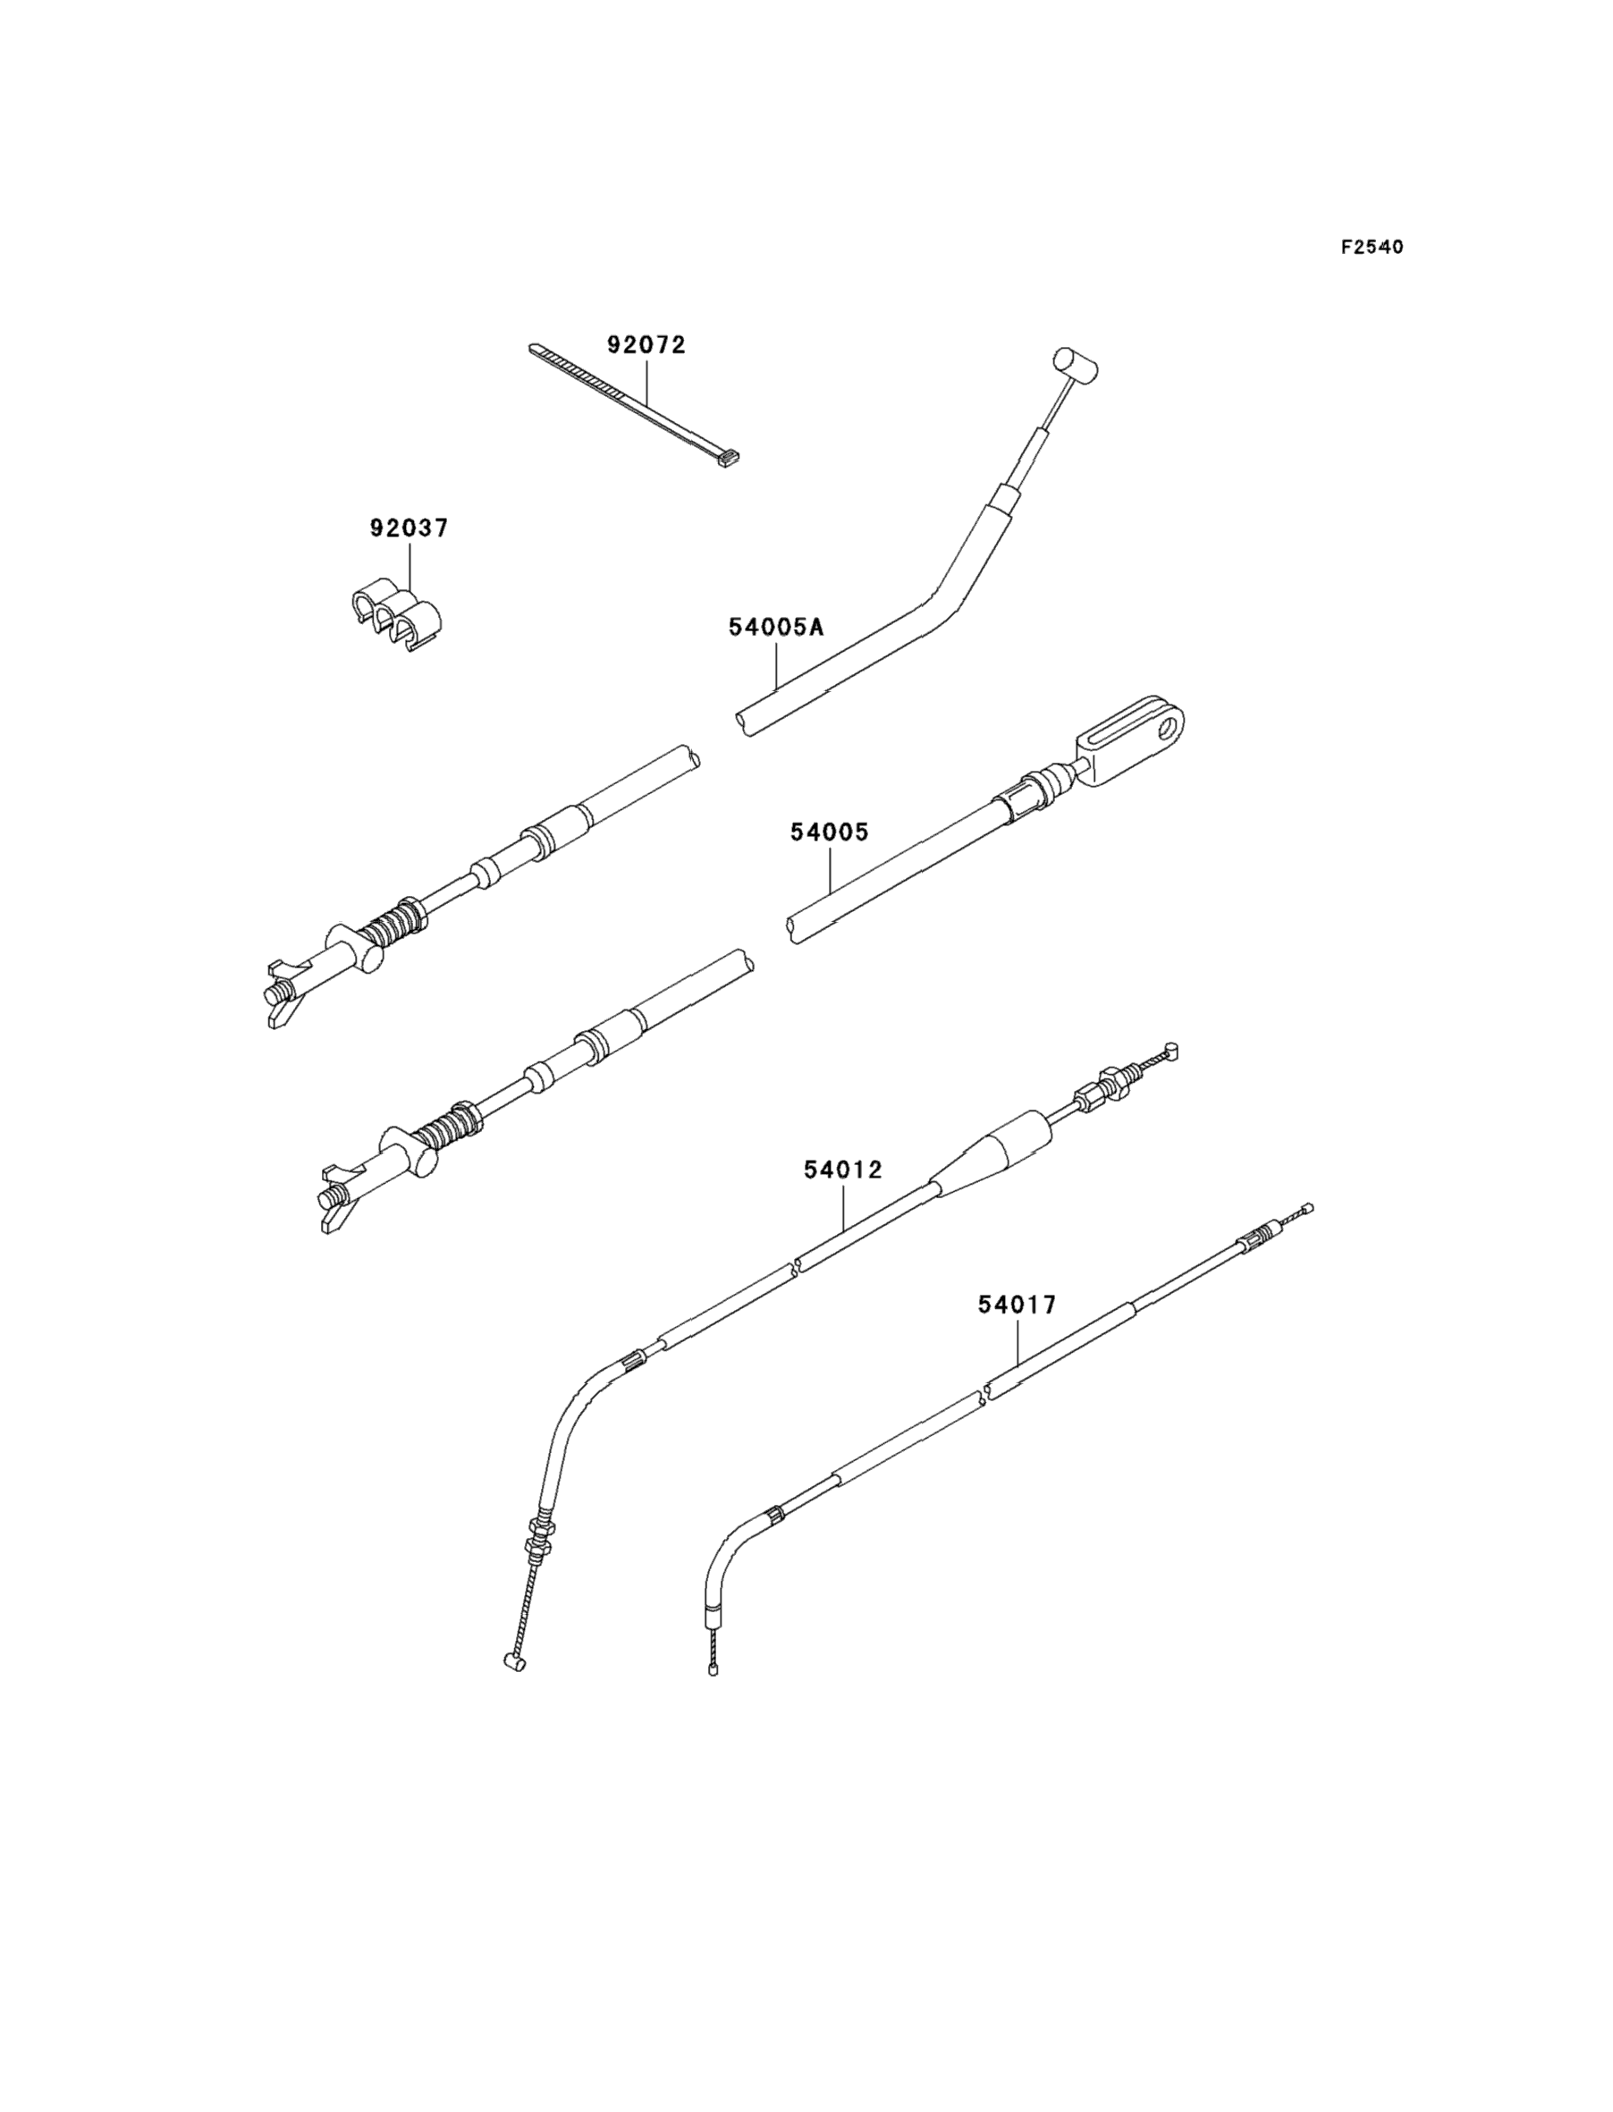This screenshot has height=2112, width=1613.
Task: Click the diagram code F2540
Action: click(1372, 248)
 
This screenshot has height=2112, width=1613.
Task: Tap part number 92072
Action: click(646, 344)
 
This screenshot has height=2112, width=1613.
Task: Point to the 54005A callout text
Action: click(777, 628)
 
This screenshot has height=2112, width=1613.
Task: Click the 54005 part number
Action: click(829, 832)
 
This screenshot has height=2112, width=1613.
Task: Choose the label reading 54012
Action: click(843, 1170)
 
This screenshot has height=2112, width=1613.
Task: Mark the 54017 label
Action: click(1017, 1305)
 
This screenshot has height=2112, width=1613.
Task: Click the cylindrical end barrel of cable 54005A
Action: click(1077, 364)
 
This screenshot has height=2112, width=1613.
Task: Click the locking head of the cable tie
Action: click(730, 464)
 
